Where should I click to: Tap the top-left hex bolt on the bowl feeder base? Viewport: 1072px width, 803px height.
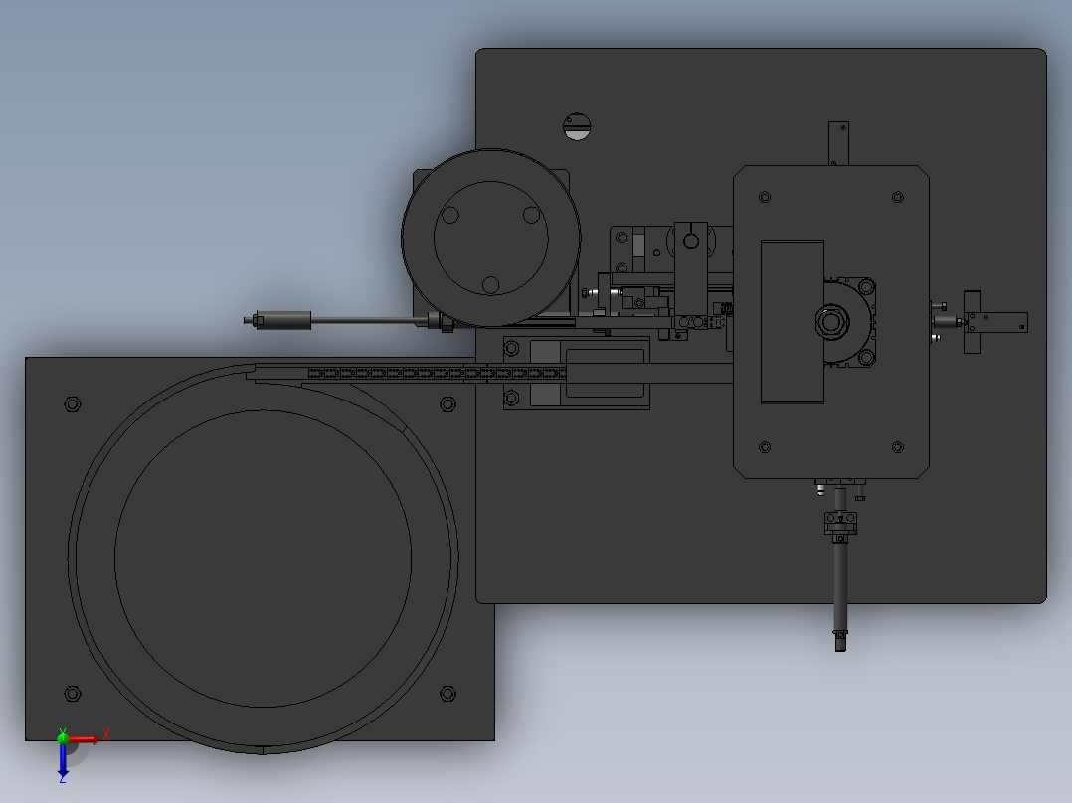click(x=72, y=403)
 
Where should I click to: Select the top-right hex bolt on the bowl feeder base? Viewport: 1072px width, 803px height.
click(x=447, y=403)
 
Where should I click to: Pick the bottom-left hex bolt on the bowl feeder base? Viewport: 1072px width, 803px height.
click(x=72, y=693)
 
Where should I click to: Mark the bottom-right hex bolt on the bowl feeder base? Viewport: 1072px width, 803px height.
click(x=447, y=693)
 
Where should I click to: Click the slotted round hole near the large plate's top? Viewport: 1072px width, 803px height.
click(x=577, y=125)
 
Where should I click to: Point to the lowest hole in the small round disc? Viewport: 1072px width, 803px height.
click(x=490, y=285)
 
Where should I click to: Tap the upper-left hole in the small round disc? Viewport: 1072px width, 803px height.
click(x=450, y=215)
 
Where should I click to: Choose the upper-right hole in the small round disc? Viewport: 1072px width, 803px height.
click(x=531, y=214)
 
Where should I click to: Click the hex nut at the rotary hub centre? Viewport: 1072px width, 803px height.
click(x=830, y=321)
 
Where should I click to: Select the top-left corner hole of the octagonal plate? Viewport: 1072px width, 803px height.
click(x=765, y=198)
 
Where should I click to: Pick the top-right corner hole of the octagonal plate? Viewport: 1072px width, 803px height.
click(x=898, y=197)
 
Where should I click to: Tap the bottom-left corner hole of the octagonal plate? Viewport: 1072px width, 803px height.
click(x=765, y=447)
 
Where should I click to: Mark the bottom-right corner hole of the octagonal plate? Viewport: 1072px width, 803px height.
click(x=898, y=447)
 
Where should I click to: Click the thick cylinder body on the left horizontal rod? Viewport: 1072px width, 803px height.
click(x=287, y=320)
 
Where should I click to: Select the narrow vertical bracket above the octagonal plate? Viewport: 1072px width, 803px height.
click(x=838, y=143)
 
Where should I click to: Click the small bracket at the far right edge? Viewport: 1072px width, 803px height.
click(x=994, y=322)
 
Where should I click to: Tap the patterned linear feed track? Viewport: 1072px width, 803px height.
click(x=438, y=374)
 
